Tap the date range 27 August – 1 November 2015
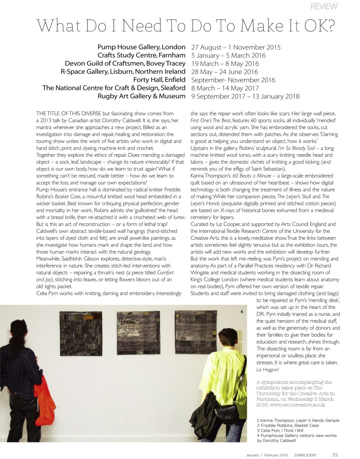click(236, 47)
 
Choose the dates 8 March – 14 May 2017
click(227, 88)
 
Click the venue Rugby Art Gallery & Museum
click(141, 96)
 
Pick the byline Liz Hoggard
click(267, 370)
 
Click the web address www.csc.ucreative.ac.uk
click(296, 405)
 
